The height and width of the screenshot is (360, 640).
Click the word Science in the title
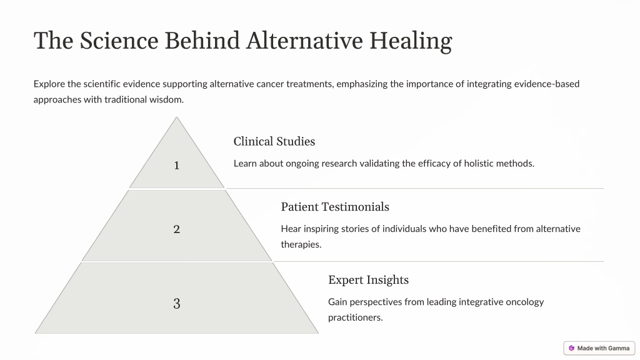[x=119, y=41]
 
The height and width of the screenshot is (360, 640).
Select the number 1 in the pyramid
[x=177, y=165]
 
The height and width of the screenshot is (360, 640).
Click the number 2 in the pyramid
[x=177, y=229]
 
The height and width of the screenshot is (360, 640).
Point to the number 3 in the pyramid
[x=177, y=303]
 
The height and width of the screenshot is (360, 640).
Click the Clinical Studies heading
[x=274, y=141]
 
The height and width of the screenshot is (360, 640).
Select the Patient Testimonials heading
[x=335, y=206]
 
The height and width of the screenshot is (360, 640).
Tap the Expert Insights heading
[x=369, y=279]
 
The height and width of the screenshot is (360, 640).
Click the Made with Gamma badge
[x=599, y=348]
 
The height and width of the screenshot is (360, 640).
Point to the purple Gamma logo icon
[x=571, y=348]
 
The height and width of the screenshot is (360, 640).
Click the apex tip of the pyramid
[x=177, y=117]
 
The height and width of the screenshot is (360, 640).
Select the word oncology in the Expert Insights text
[x=525, y=302]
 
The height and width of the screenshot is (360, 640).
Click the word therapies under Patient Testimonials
[x=301, y=244]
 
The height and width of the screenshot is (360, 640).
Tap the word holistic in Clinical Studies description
[x=482, y=163]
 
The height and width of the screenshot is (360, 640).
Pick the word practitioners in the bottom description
[x=356, y=317]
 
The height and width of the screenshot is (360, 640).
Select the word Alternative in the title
[x=304, y=41]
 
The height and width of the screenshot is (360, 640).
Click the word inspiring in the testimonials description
[x=321, y=229]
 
